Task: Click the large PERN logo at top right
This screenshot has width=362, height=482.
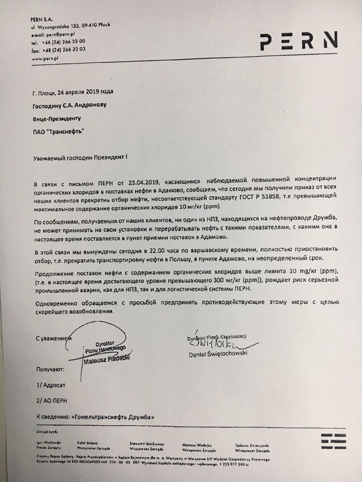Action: pos(298,40)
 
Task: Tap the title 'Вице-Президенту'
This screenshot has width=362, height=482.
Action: pos(57,119)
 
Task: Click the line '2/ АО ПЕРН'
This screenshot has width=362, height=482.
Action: pos(54,403)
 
